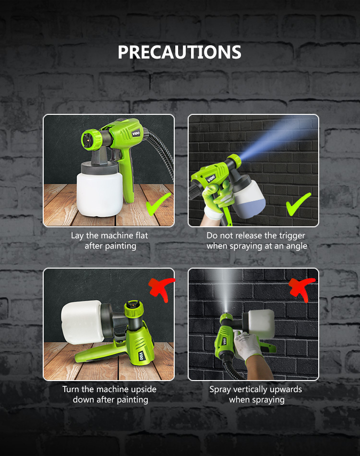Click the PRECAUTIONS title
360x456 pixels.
coord(180,52)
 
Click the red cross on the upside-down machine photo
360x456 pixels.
coord(162,289)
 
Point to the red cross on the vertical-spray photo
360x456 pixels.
coord(301,289)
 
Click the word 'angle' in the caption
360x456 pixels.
coord(297,246)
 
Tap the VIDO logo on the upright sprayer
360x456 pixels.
coord(136,134)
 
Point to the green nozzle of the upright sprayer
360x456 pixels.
coord(91,139)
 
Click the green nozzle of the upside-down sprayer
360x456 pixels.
coord(133,309)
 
